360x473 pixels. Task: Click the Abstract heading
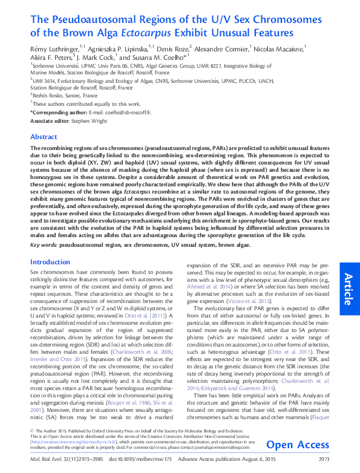pos(44,137)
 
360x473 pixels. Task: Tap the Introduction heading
pos(50,262)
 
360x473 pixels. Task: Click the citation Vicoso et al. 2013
pos(245,317)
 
